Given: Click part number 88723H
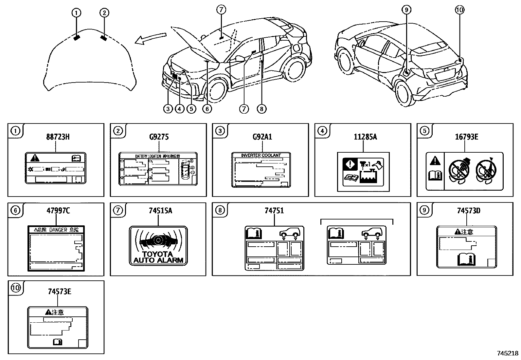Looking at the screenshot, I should [x=58, y=137].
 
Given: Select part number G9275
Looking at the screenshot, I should [x=159, y=137].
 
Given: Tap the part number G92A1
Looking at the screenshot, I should [x=262, y=137].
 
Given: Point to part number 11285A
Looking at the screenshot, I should [x=365, y=137].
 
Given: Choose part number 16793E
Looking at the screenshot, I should [x=466, y=137].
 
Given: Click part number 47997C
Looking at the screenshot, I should [x=58, y=210].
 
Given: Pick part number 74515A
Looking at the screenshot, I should [x=160, y=210].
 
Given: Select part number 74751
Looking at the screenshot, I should [x=274, y=210].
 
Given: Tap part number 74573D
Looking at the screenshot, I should [x=468, y=210].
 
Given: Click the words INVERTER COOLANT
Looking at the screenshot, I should [x=261, y=155].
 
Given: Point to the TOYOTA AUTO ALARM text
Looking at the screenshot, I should [x=158, y=257].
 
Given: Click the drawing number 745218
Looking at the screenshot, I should [x=508, y=353].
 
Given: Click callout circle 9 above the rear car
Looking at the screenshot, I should [x=406, y=10].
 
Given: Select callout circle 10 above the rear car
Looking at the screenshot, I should [x=459, y=10].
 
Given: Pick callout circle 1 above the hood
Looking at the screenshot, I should [x=76, y=13].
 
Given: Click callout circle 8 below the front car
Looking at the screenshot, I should [x=261, y=109].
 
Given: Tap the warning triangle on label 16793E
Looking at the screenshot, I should [x=435, y=161].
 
